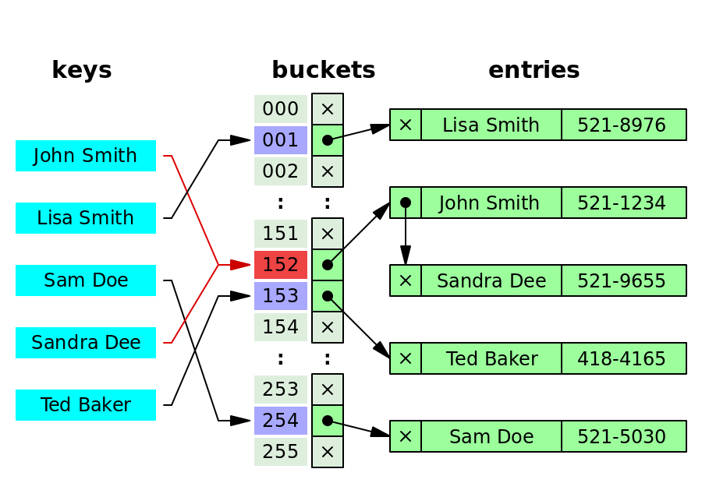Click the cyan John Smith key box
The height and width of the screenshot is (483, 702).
click(86, 156)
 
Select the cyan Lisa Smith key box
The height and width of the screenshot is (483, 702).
click(86, 218)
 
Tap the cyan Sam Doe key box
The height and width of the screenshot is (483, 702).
click(86, 280)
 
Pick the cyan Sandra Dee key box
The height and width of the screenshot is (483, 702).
click(86, 343)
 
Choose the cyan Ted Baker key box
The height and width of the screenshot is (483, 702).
click(86, 405)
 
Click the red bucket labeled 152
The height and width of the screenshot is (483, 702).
click(281, 265)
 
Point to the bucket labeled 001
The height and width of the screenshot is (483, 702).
click(281, 140)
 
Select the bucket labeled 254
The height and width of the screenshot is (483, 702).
click(281, 421)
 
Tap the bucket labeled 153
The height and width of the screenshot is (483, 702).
click(281, 296)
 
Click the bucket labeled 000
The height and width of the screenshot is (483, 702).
click(281, 109)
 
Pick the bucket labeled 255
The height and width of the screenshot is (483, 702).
click(281, 452)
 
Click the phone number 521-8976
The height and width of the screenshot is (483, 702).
click(622, 125)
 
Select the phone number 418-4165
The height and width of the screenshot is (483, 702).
click(622, 358)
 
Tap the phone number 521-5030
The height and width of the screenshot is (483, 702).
click(622, 436)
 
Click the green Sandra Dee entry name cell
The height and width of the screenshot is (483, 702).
click(491, 280)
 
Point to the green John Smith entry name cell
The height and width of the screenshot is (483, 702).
click(491, 203)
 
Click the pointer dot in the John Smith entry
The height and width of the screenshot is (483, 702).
click(406, 203)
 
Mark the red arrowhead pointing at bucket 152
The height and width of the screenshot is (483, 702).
click(239, 265)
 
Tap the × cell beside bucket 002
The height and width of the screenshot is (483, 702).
click(328, 171)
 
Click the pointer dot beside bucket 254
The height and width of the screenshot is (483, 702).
click(328, 421)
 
